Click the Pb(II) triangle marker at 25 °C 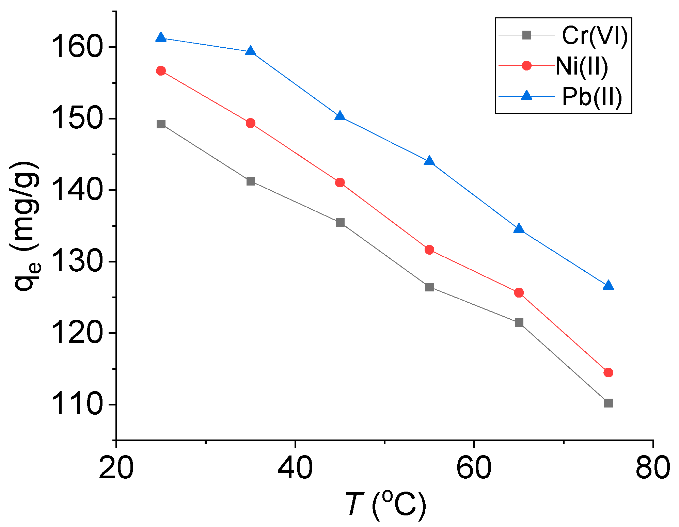[x=161, y=37]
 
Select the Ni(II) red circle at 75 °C [x=608, y=372]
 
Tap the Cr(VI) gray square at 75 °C [x=608, y=403]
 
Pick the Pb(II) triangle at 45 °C [x=340, y=116]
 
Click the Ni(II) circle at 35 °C [x=251, y=123]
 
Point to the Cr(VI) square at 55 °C [x=429, y=287]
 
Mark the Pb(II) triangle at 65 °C [x=519, y=228]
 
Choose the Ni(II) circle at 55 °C [x=429, y=250]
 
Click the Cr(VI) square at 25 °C [x=161, y=124]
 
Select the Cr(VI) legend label [x=595, y=35]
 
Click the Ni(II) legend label [x=582, y=66]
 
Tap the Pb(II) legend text [x=592, y=97]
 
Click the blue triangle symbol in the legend [x=526, y=96]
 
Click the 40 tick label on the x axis [x=295, y=468]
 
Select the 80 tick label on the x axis [x=653, y=468]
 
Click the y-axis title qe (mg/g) [x=27, y=226]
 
